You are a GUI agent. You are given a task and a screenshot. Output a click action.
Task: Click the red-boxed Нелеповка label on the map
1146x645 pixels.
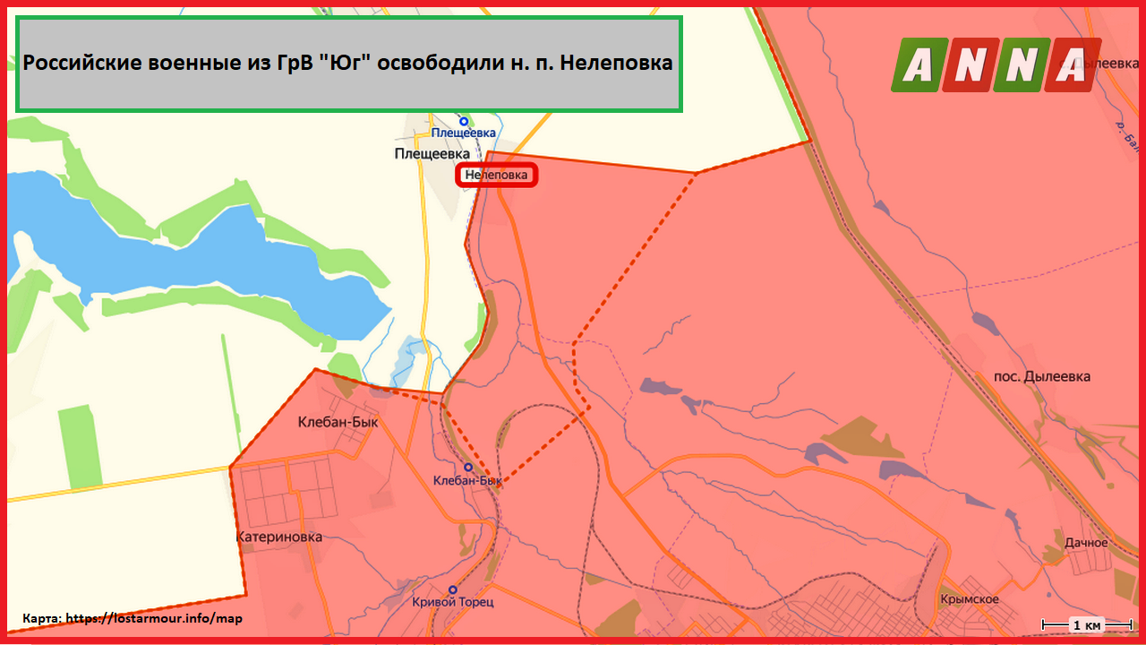pyautogui.click(x=497, y=176)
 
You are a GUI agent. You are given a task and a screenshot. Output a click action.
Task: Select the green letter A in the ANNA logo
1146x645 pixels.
pyautogui.click(x=915, y=64)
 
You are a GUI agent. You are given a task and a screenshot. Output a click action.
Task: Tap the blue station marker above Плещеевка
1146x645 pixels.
pyautogui.click(x=464, y=121)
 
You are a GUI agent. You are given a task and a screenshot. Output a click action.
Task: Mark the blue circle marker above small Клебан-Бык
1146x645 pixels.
pyautogui.click(x=468, y=467)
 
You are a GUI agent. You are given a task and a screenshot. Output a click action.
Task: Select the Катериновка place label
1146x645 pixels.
pyautogui.click(x=278, y=537)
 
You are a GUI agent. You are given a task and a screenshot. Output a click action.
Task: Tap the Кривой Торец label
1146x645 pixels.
pyautogui.click(x=453, y=602)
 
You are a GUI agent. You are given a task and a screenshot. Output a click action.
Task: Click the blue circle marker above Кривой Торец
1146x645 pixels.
pyautogui.click(x=453, y=589)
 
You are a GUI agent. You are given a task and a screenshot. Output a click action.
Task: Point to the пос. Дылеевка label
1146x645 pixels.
pyautogui.click(x=1042, y=376)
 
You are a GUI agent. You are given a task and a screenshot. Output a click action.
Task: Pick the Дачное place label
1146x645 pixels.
pyautogui.click(x=1086, y=543)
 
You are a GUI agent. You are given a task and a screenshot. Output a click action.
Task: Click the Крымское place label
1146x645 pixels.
pyautogui.click(x=970, y=599)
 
